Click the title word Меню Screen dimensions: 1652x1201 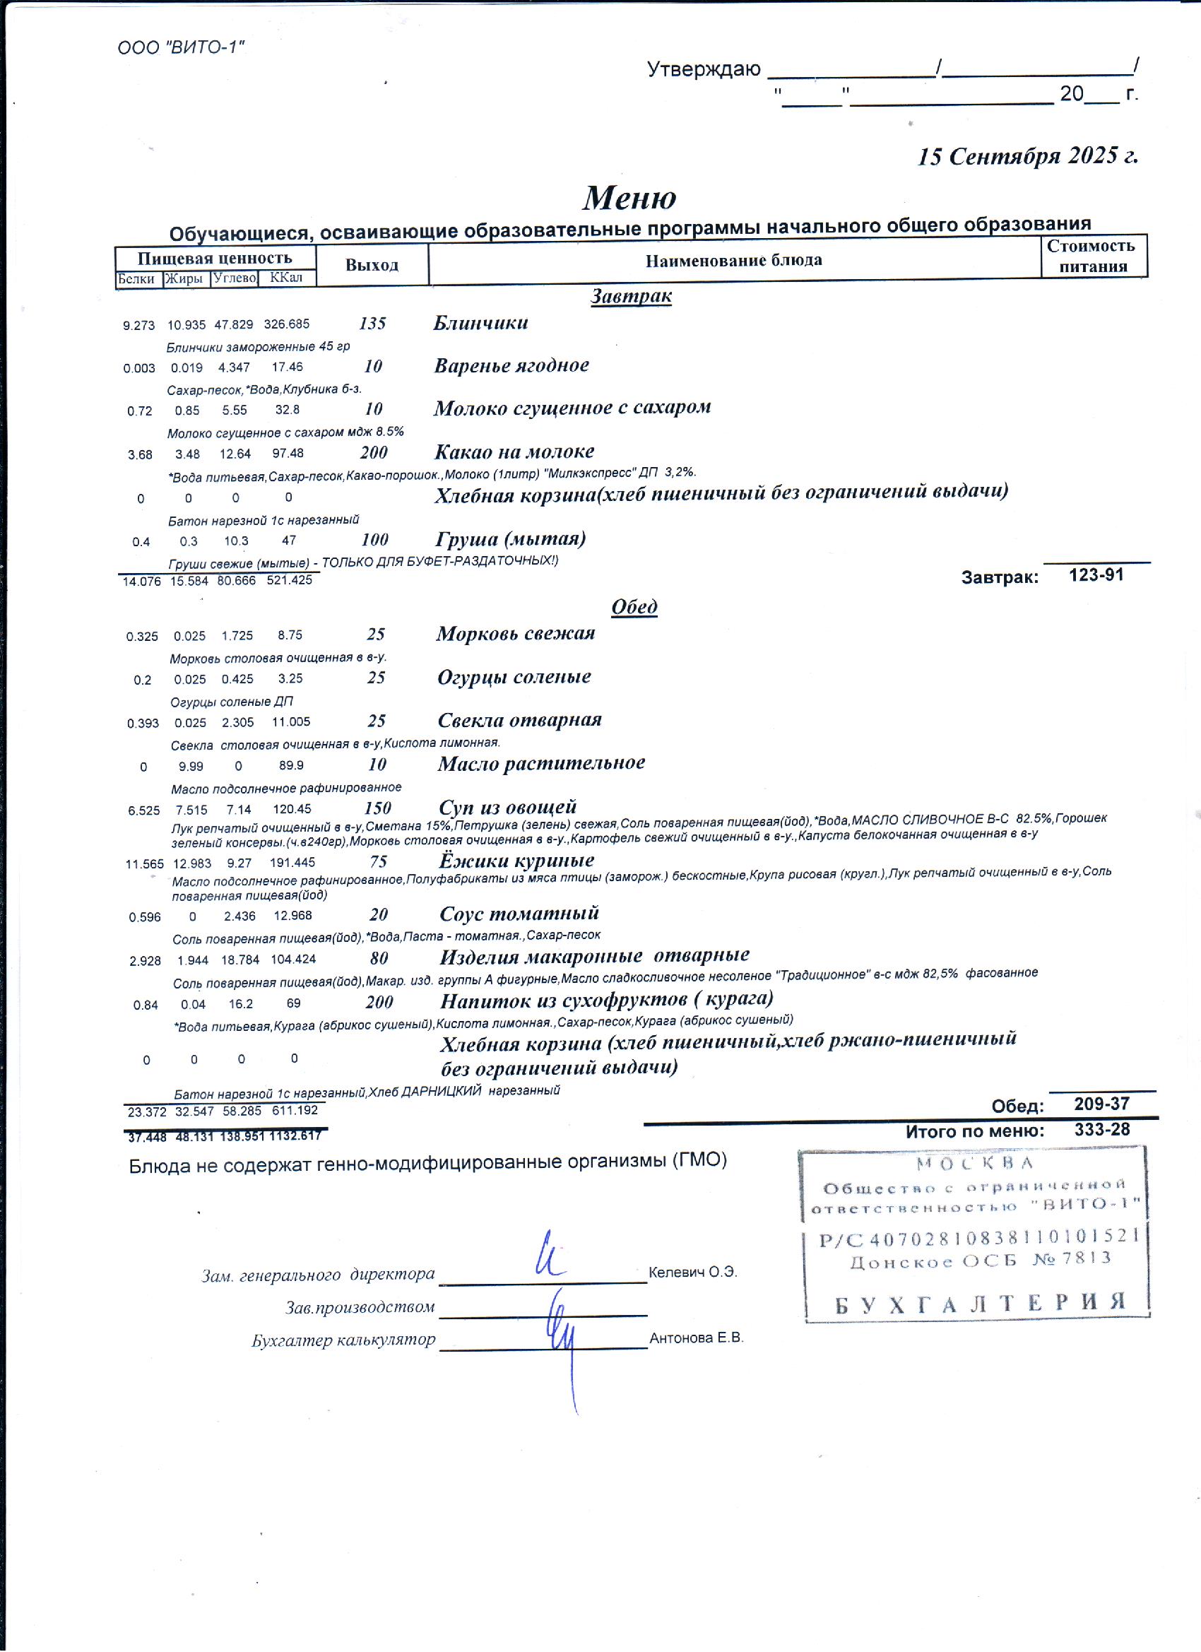click(629, 197)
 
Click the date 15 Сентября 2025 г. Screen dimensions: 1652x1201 click(1027, 156)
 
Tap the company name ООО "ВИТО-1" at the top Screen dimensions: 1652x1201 click(181, 48)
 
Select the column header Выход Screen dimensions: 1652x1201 click(372, 265)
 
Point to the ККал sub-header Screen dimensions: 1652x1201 click(285, 278)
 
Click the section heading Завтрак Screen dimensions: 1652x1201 click(631, 297)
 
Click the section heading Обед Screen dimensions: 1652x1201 click(634, 607)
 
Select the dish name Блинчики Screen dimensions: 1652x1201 click(480, 323)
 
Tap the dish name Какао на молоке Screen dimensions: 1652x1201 click(514, 452)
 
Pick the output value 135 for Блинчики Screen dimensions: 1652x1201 click(373, 324)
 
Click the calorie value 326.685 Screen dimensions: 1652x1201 click(286, 324)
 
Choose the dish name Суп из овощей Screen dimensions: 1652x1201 click(508, 807)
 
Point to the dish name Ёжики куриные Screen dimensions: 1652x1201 click(516, 860)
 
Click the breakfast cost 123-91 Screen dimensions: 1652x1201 click(1096, 574)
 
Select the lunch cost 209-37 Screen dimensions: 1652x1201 click(1101, 1104)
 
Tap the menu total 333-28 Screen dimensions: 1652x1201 click(1102, 1130)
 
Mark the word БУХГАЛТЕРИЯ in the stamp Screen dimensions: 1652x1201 click(981, 1302)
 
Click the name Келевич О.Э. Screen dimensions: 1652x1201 click(692, 1273)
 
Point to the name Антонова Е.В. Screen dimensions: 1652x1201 click(697, 1338)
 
